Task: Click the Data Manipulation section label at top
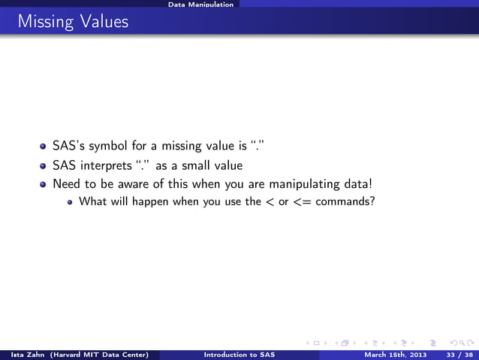[x=200, y=5]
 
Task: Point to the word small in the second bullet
[x=195, y=166]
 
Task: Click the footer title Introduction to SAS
[x=236, y=354]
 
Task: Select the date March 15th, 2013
[x=390, y=354]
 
